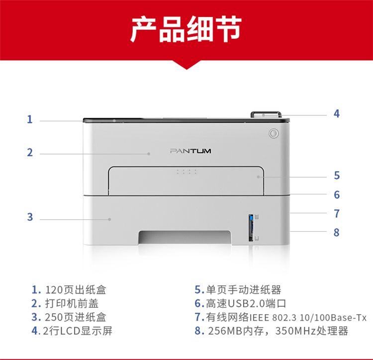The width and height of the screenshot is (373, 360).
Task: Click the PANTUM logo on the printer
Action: tap(190, 151)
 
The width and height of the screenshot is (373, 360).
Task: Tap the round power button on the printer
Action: tap(274, 133)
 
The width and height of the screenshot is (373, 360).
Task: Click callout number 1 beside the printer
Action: tap(29, 119)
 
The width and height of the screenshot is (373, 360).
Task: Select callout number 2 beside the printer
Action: tap(30, 153)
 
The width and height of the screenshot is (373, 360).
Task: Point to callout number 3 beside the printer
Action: tap(30, 217)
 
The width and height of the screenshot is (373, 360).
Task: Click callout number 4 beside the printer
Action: tap(336, 114)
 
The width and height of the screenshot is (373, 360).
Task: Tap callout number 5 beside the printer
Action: tap(337, 176)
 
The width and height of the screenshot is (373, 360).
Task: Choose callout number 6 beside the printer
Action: tap(337, 195)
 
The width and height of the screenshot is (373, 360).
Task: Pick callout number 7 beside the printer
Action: tap(337, 213)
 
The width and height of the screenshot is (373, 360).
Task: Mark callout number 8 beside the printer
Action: tap(336, 232)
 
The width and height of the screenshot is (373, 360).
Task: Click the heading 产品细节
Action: tap(186, 29)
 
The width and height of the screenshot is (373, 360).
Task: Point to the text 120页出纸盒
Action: tap(76, 290)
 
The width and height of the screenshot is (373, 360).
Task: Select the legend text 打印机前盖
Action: tap(72, 304)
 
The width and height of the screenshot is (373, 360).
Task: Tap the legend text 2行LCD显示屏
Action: tap(78, 331)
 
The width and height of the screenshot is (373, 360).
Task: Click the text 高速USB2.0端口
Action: tap(246, 304)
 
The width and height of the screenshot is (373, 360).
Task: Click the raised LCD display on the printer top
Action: tap(266, 114)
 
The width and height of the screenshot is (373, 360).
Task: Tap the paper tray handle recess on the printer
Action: tap(185, 237)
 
